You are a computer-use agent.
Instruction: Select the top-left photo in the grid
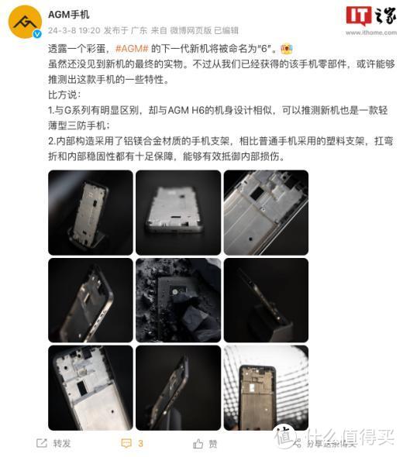click(x=90, y=211)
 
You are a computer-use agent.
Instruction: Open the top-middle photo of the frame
click(x=177, y=211)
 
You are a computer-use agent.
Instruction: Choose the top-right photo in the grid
click(x=266, y=211)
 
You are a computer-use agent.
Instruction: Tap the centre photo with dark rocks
click(x=177, y=299)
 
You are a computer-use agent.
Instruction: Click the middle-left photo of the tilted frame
click(x=90, y=299)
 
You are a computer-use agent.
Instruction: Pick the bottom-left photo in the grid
click(x=90, y=387)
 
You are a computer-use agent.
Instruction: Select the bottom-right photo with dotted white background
click(x=266, y=387)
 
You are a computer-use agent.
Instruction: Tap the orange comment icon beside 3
click(x=126, y=443)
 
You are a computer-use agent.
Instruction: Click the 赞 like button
click(x=205, y=443)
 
